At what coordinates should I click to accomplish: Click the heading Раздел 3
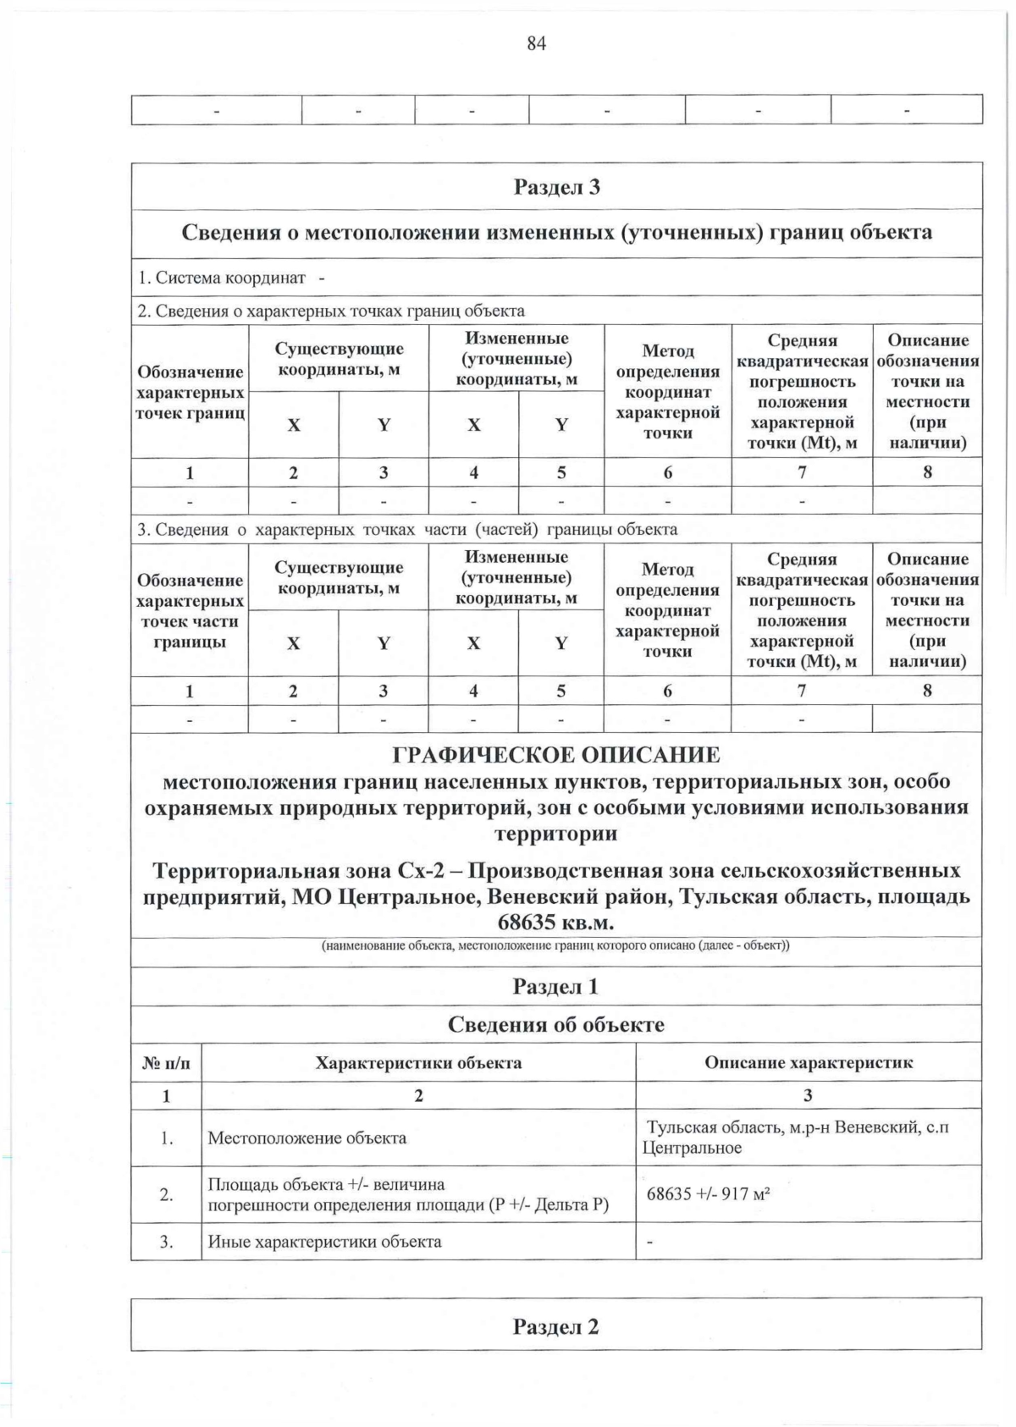click(556, 187)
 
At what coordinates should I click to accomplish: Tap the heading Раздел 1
click(555, 986)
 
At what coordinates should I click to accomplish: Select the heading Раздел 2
click(555, 1326)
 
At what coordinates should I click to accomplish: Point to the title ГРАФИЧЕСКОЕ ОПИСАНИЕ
click(556, 755)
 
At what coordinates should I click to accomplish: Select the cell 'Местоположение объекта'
click(307, 1138)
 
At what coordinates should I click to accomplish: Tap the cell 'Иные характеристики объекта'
click(324, 1242)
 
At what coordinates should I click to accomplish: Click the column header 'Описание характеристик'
click(808, 1062)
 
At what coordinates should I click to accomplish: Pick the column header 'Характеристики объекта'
click(418, 1062)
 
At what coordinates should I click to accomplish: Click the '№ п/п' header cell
click(165, 1063)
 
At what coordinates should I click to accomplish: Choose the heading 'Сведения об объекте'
click(555, 1025)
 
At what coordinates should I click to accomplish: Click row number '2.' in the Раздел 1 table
click(166, 1194)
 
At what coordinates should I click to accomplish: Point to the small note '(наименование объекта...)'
click(555, 945)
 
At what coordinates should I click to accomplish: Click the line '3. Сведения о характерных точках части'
click(406, 530)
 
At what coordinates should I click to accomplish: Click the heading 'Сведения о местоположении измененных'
click(556, 233)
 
